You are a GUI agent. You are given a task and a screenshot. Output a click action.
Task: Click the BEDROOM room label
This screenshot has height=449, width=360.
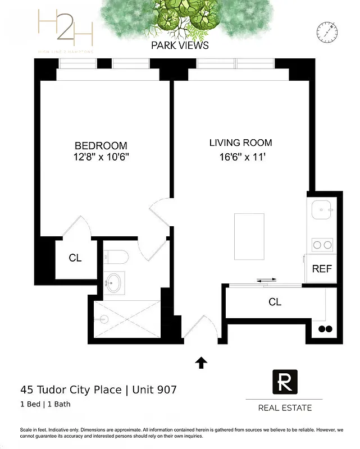pos(101,145)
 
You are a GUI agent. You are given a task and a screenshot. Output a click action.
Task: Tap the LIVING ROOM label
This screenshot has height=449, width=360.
pos(240,143)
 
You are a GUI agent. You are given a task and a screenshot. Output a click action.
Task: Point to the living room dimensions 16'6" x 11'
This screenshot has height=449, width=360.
pos(241,157)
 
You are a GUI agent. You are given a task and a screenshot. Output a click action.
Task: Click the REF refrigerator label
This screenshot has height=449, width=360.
pos(322,269)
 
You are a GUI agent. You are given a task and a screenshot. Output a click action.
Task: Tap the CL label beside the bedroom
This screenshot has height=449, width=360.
pos(75,258)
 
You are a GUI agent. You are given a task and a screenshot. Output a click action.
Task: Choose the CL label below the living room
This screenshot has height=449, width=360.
pos(275,302)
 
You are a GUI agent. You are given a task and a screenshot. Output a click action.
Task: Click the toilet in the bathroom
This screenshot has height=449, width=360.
pos(116,257)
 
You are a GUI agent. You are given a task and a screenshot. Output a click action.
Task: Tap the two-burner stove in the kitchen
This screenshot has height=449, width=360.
pos(322,245)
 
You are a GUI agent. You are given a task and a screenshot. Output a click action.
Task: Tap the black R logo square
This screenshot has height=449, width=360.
pos(284,382)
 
